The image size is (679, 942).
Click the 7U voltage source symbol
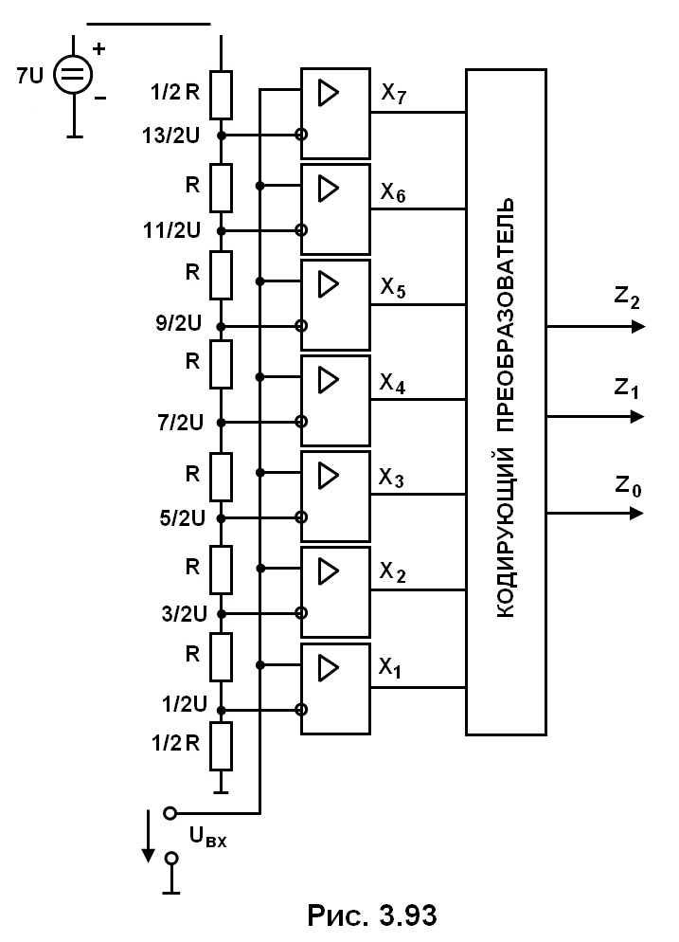point(73,75)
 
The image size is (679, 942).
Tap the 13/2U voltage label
point(170,136)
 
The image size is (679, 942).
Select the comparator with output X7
point(335,114)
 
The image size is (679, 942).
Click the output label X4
point(392,383)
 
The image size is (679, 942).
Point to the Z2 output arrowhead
point(637,327)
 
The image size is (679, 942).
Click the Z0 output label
point(628,486)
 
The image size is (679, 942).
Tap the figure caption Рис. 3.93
point(372,915)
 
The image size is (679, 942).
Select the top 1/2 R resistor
point(221,95)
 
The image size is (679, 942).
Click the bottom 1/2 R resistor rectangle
point(221,746)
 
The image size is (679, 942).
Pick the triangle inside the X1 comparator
point(328,668)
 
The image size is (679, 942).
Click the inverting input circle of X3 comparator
point(301,517)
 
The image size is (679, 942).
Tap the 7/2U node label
point(180,423)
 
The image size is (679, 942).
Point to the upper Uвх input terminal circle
point(170,813)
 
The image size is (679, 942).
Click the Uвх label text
point(207,836)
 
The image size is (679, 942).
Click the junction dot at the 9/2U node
point(221,327)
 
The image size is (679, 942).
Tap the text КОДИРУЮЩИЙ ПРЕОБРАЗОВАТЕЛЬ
point(506,408)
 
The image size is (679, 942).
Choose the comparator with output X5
point(335,305)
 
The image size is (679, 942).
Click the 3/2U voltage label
point(184,614)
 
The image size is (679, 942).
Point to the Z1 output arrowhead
point(637,416)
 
